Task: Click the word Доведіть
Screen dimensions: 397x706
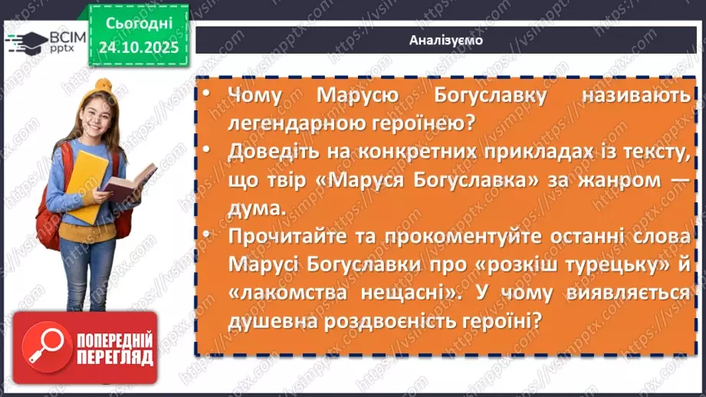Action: pyautogui.click(x=273, y=152)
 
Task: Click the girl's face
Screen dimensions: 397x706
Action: pyautogui.click(x=91, y=119)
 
